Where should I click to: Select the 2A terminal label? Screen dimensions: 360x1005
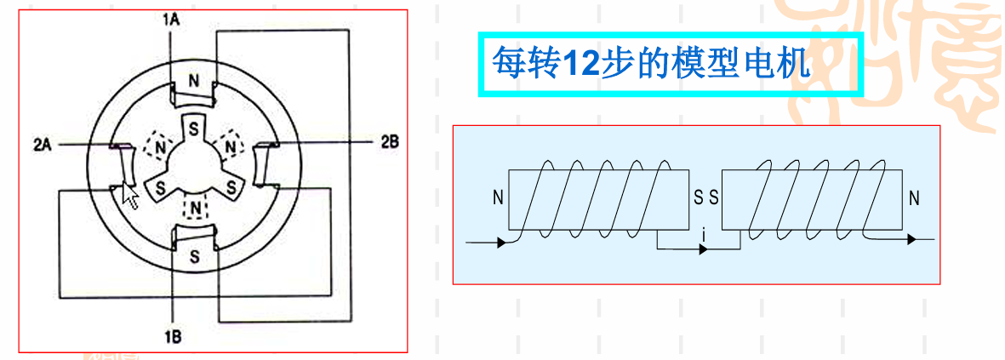43,145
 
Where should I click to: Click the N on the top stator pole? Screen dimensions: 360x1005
194,82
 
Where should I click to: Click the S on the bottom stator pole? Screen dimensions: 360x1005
195,255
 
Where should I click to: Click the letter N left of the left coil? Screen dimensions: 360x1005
497,199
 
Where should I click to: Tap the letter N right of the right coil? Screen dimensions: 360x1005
914,199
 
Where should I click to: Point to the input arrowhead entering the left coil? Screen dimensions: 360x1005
503,243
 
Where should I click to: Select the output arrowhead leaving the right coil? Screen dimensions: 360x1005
911,240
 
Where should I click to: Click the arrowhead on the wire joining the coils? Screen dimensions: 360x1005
702,250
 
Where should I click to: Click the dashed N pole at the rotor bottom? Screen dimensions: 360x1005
197,208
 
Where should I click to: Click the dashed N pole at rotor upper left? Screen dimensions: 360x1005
157,146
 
